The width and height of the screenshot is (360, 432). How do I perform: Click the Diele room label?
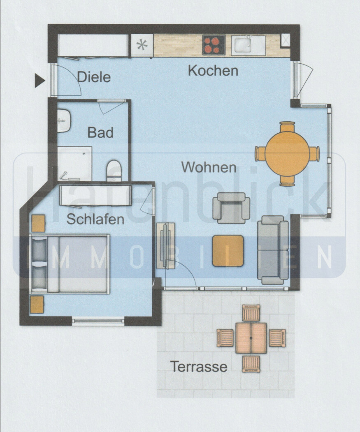[x=94, y=77]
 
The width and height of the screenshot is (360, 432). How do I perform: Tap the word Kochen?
[x=213, y=70]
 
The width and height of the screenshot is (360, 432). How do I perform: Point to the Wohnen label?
[x=209, y=167]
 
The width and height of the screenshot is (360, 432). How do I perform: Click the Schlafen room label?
[x=95, y=219]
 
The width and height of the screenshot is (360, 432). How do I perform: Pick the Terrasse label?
[x=199, y=366]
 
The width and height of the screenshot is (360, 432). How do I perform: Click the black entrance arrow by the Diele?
[x=39, y=81]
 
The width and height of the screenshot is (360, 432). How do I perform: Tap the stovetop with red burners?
[x=214, y=45]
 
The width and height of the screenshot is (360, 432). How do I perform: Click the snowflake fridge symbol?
[x=142, y=45]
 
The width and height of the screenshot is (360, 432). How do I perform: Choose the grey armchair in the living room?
[x=231, y=208]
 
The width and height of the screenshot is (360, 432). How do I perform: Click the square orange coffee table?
[x=228, y=250]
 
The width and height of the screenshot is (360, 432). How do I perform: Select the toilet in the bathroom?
[x=114, y=171]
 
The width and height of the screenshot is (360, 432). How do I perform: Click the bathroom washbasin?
[x=64, y=120]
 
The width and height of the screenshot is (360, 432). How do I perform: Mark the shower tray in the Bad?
[x=74, y=164]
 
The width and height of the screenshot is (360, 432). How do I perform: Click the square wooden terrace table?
[x=251, y=338]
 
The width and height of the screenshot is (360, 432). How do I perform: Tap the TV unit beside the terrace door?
[x=166, y=245]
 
